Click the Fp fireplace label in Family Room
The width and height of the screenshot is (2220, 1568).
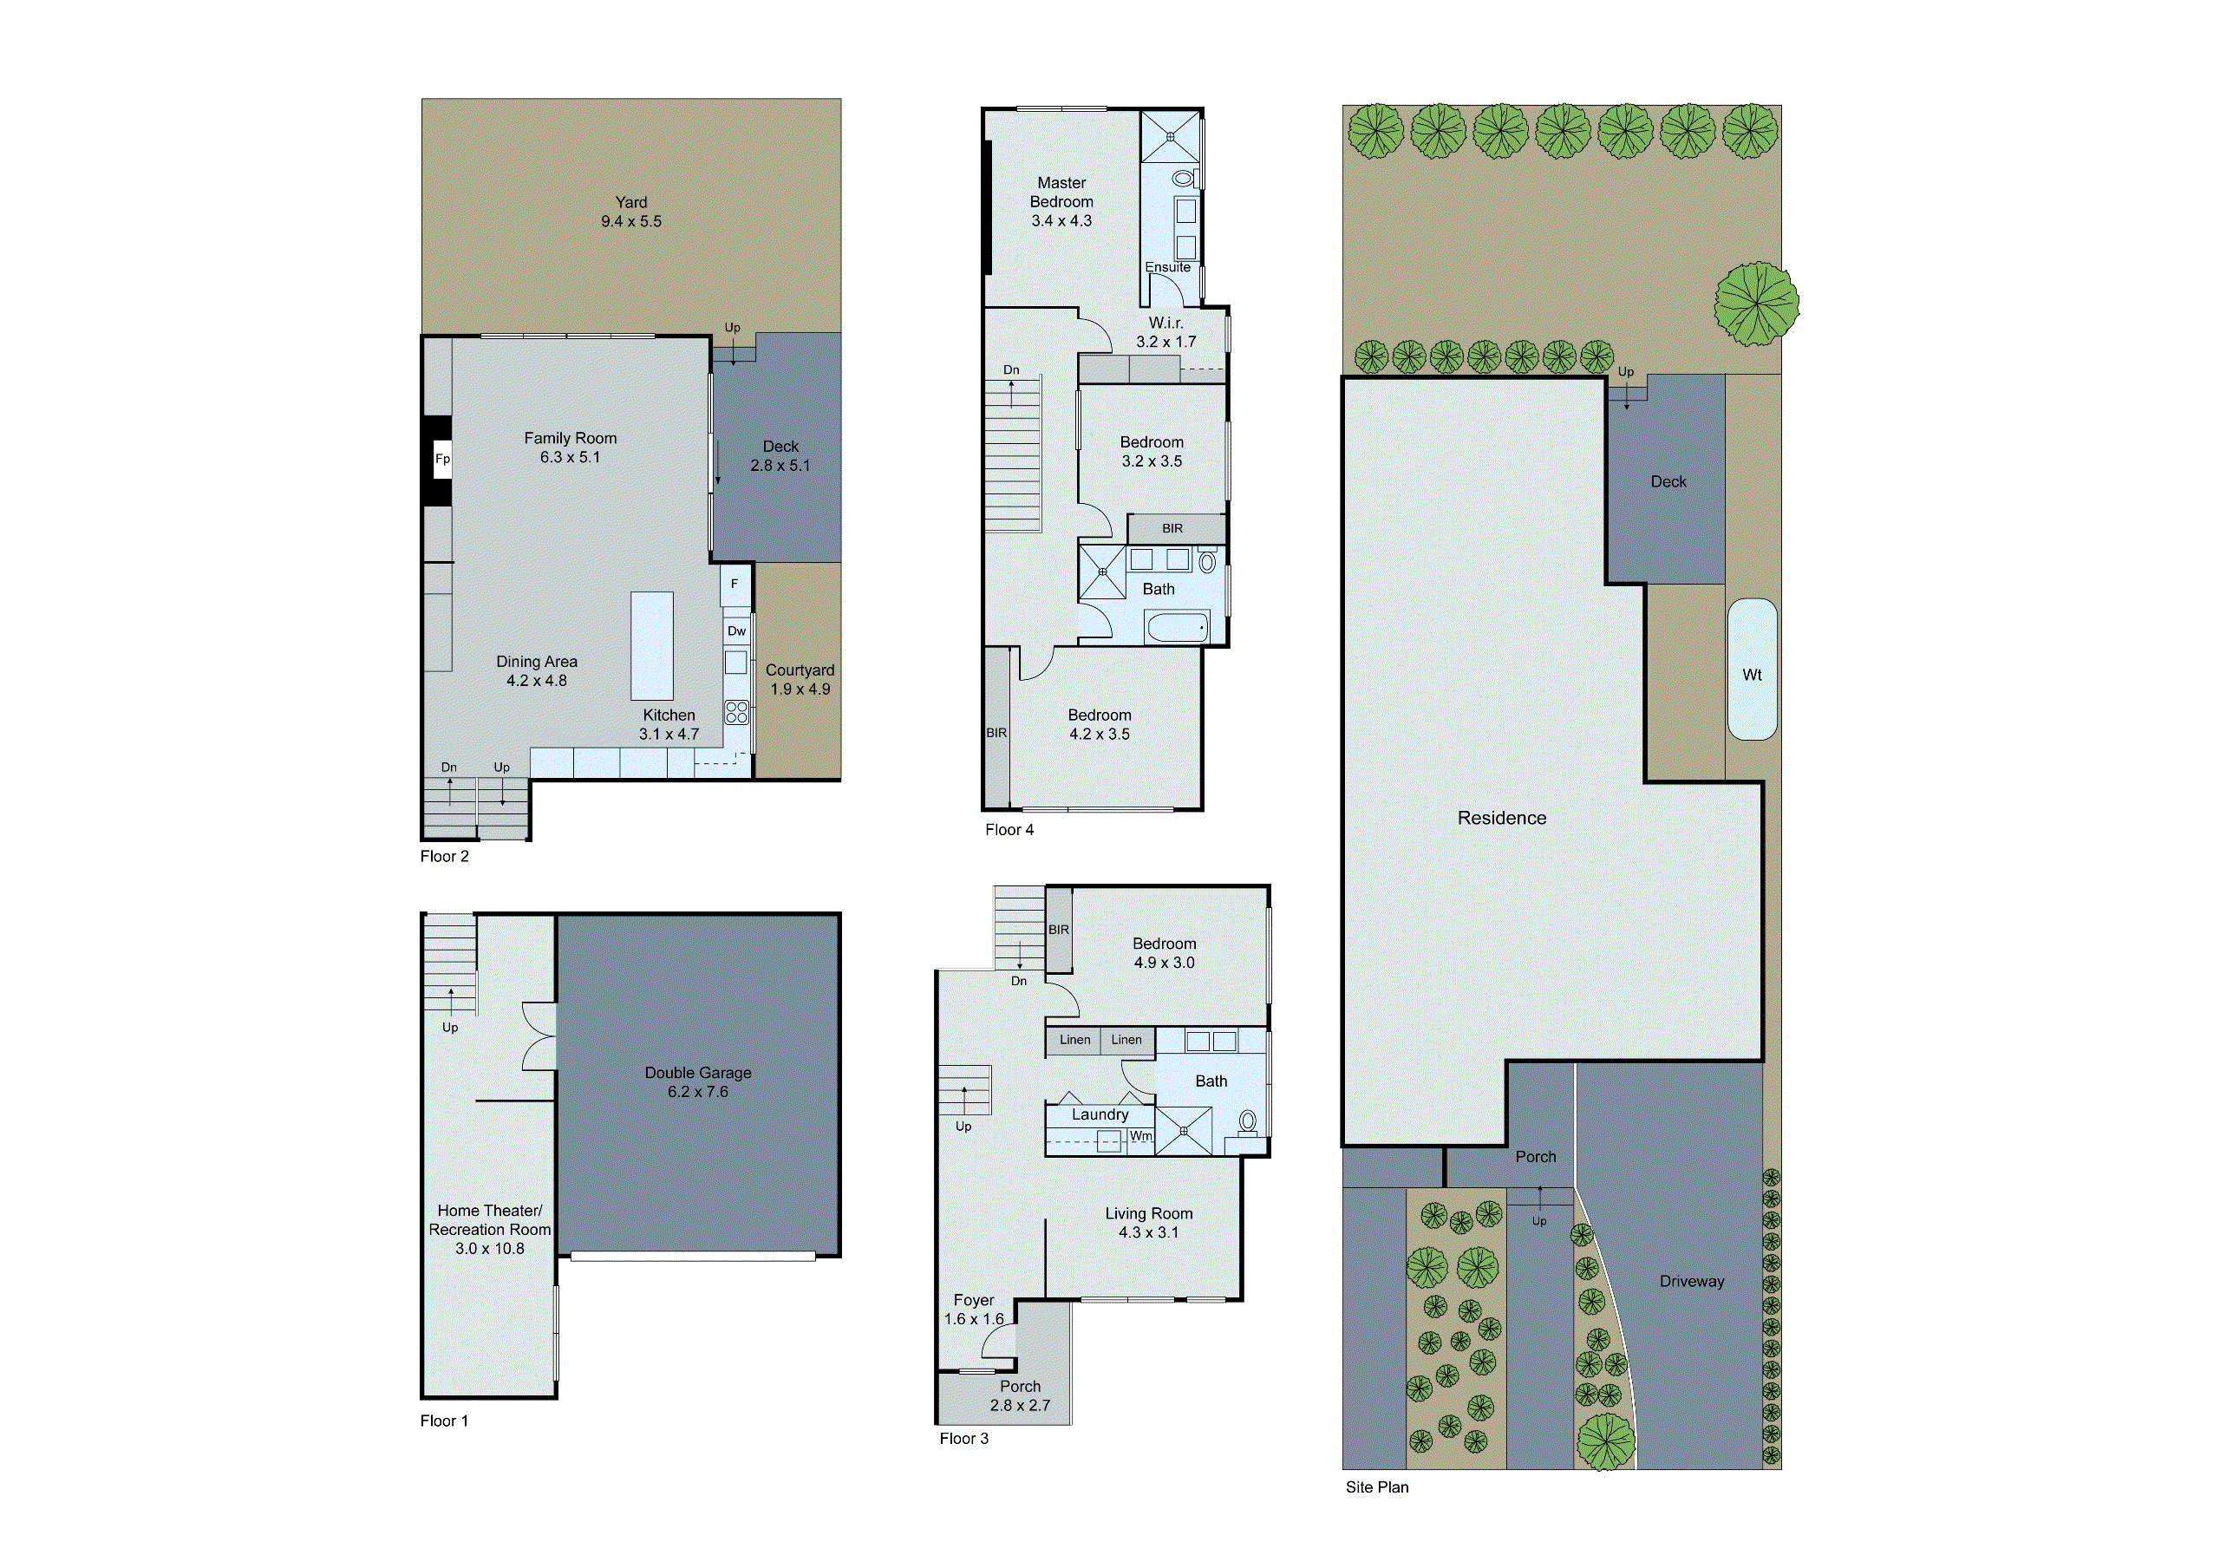442,459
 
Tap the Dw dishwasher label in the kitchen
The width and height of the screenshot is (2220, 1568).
736,631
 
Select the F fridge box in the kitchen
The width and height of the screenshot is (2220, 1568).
735,584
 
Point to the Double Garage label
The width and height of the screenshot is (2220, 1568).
697,1072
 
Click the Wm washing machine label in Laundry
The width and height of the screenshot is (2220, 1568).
1141,1136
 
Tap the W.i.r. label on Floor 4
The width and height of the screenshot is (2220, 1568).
1165,323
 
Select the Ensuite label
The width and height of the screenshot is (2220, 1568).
1167,268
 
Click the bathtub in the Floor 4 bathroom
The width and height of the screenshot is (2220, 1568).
1177,627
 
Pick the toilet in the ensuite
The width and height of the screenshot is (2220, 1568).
1183,179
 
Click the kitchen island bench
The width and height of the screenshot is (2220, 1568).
651,646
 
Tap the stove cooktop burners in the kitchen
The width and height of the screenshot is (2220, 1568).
737,713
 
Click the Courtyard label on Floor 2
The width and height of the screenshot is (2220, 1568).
800,670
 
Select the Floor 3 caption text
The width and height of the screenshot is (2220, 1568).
963,1439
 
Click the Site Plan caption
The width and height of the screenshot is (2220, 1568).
1377,1486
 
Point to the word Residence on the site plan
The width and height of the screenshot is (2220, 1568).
1502,818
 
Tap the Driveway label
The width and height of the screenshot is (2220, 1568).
1691,1281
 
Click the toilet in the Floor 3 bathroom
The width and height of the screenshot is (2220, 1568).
1247,1122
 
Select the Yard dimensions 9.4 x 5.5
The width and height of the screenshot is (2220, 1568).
631,221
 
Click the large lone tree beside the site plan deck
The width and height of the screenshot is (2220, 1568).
1756,304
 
